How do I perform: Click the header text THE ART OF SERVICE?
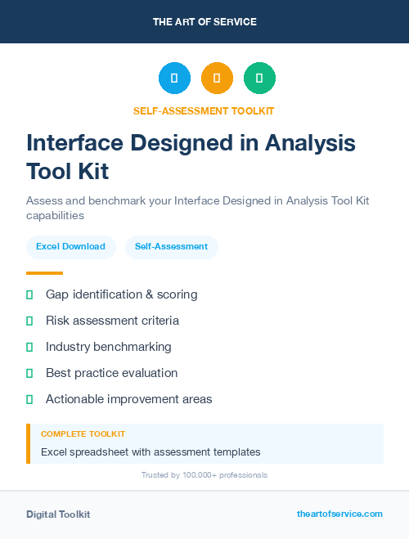coord(204,22)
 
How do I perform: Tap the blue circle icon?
coord(174,79)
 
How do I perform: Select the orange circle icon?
coord(217,79)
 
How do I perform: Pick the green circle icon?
coord(260,79)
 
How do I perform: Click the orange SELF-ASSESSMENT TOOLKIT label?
coord(204,111)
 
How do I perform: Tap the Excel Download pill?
coord(70,246)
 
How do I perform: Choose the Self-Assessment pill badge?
coord(171,246)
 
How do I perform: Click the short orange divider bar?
coord(44,273)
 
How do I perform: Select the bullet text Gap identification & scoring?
coord(121,294)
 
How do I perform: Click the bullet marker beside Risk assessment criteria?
coord(29,321)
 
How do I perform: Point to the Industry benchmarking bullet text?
coord(108,347)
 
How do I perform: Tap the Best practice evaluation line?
coord(111,373)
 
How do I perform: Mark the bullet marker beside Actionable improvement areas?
coord(29,399)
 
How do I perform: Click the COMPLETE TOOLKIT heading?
coord(83,434)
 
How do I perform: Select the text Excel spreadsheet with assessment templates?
coord(151,451)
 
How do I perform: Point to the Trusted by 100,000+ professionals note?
coord(204,475)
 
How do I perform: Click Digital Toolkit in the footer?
coord(58,514)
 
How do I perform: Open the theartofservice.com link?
coord(339,514)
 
